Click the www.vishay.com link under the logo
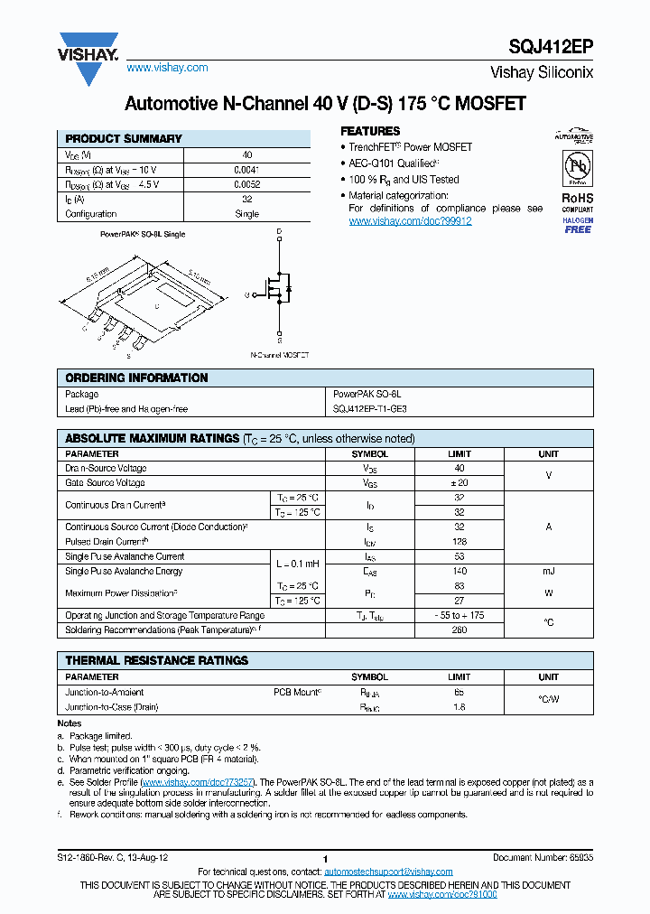click(167, 68)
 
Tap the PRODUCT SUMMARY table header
click(124, 138)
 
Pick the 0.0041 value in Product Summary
click(246, 170)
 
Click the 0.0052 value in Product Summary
click(246, 184)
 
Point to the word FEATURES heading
click(369, 131)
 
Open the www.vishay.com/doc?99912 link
click(410, 220)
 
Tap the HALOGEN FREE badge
click(578, 225)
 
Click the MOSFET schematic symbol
click(279, 291)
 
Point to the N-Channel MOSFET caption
click(279, 356)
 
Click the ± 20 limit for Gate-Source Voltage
click(459, 483)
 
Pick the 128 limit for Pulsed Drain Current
click(459, 542)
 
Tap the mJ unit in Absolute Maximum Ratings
click(548, 571)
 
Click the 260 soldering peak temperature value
click(459, 630)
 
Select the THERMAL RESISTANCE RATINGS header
click(156, 660)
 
